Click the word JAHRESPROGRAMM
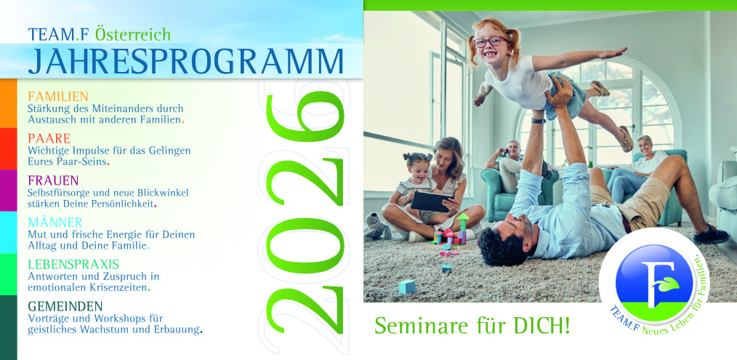[x=185, y=62]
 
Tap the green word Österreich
[x=132, y=34]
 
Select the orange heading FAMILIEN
[x=58, y=97]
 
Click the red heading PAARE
[x=49, y=138]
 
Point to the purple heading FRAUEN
[x=53, y=180]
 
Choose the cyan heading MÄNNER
[x=55, y=222]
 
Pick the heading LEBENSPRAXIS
[x=73, y=264]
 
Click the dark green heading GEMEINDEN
[x=65, y=306]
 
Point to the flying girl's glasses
[x=491, y=41]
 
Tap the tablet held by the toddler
[x=432, y=201]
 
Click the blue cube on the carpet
[x=407, y=287]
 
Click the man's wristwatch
[x=539, y=121]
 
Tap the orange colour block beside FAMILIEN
[x=9, y=103]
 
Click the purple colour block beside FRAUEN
[x=9, y=190]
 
